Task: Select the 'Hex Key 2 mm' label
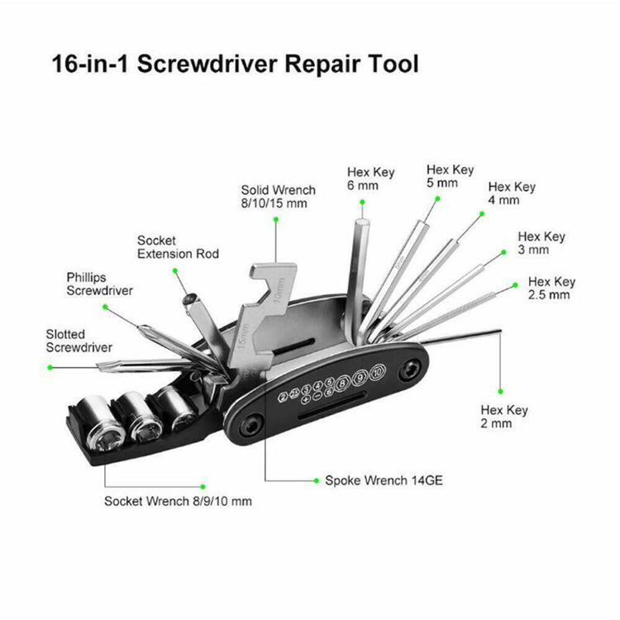tap(503, 417)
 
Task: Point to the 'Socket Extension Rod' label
tap(178, 247)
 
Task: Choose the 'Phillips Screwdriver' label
tap(99, 284)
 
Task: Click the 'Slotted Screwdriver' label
tap(79, 341)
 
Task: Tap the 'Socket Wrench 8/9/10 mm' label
tap(178, 501)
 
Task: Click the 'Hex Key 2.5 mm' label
tap(551, 288)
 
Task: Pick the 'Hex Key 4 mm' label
tap(512, 193)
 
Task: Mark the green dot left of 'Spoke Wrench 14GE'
tap(317, 479)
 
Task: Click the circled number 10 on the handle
tap(378, 373)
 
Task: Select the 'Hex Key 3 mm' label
tap(541, 242)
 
